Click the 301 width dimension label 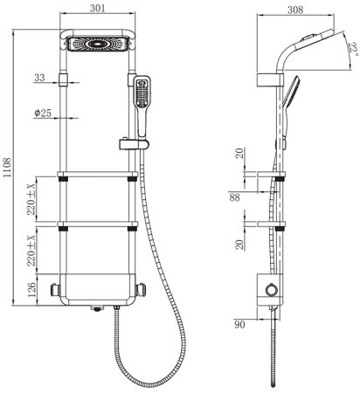pyautogui.click(x=97, y=8)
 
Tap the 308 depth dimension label pyautogui.click(x=295, y=10)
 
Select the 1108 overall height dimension pyautogui.click(x=7, y=168)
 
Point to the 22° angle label pyautogui.click(x=353, y=50)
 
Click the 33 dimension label pyautogui.click(x=39, y=78)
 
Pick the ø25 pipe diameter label pyautogui.click(x=43, y=113)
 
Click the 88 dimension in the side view pyautogui.click(x=234, y=197)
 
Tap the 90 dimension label pyautogui.click(x=239, y=324)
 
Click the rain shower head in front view pyautogui.click(x=98, y=44)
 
